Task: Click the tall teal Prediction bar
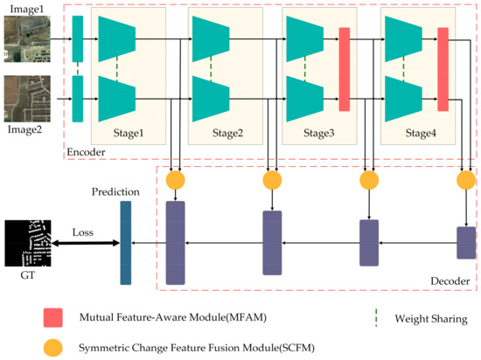(125, 242)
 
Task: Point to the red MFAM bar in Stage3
(344, 69)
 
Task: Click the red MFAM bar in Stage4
(443, 69)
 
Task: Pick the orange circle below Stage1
(175, 180)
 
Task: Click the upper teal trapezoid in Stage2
(210, 38)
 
